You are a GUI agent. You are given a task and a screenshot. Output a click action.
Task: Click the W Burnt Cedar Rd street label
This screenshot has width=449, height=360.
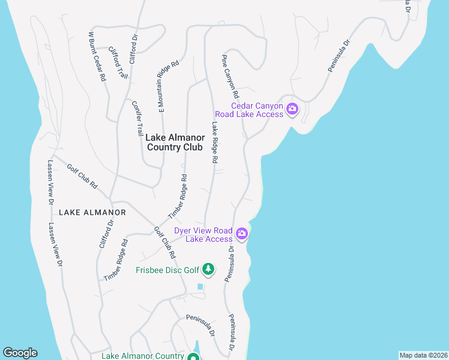97,56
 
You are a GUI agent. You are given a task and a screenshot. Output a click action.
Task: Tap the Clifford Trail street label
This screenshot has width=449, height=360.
118,63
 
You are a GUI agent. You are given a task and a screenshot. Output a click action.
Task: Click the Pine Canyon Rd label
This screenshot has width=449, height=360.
231,77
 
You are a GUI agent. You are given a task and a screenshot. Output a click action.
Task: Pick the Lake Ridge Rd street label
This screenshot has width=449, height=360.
214,143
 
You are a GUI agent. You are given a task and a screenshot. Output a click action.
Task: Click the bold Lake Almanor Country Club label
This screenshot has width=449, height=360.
175,142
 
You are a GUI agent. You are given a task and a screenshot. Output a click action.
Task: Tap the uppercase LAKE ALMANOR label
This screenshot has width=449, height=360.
92,212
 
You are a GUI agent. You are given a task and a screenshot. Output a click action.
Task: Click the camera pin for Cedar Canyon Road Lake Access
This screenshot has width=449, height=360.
292,109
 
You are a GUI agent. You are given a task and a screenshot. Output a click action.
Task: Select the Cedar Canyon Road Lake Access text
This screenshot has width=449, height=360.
249,110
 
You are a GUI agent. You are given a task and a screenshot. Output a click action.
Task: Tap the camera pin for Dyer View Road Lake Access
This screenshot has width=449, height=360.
242,233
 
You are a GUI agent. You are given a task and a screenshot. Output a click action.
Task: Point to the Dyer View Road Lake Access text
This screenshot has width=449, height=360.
203,235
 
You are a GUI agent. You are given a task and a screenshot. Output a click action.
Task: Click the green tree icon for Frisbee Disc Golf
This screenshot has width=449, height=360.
208,269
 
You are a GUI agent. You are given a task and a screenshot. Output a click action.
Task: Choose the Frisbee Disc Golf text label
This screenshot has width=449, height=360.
167,270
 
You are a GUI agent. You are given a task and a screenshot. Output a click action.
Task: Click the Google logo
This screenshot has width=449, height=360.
20,353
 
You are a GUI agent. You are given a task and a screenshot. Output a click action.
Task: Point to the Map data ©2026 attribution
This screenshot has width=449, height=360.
423,355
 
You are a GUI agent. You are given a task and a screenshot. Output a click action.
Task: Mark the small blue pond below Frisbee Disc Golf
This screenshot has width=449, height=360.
200,287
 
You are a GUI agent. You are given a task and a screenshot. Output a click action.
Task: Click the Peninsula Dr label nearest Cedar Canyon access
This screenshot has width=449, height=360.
339,56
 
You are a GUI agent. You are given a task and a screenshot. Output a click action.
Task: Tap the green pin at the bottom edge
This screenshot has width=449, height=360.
193,358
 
